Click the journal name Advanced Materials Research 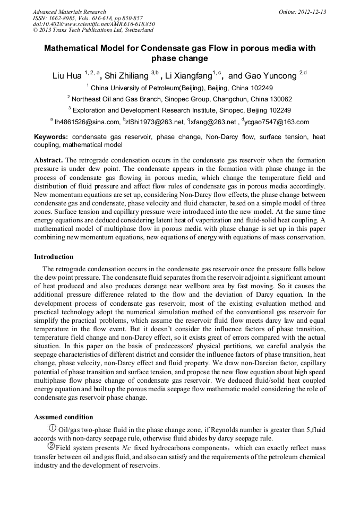69,12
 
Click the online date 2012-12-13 311,12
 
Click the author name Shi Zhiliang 126,76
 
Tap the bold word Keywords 51,137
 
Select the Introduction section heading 54,257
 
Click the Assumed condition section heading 63,417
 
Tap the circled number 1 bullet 53,428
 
